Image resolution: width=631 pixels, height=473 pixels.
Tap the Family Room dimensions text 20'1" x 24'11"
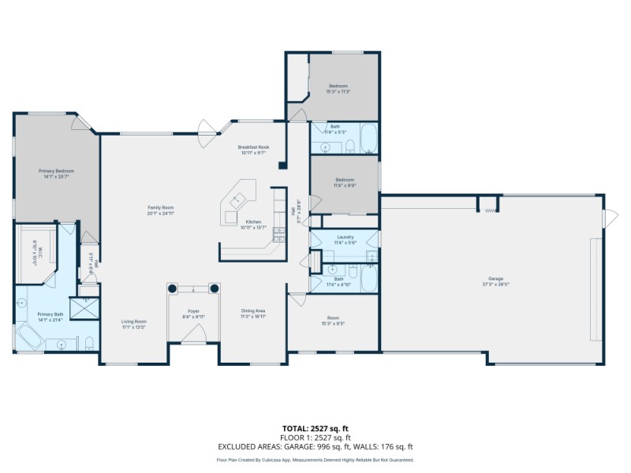tap(160, 214)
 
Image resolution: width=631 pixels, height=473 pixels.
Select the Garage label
tap(495, 279)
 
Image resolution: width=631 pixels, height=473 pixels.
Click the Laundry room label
tap(345, 236)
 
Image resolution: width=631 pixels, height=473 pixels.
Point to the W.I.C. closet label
tap(35, 255)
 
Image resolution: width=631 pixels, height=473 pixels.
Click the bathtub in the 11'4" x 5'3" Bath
tap(368, 139)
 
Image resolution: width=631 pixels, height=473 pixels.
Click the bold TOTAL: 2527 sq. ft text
tap(315, 429)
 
